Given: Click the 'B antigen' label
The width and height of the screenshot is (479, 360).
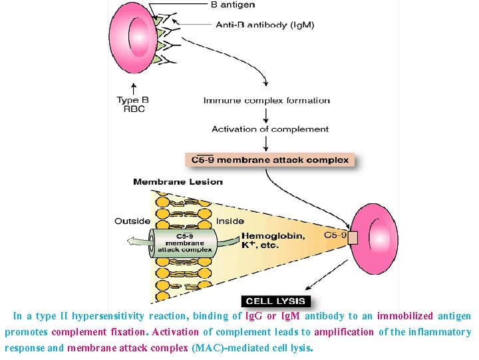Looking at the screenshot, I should click(x=233, y=5).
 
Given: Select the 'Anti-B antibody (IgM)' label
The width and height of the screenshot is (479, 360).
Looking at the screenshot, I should click(x=265, y=25).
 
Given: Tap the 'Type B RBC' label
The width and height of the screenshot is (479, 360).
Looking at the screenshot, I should click(x=133, y=105).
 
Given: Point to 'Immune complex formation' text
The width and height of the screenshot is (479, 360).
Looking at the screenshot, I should click(x=266, y=101).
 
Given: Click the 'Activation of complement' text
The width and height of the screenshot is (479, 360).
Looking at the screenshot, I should click(x=270, y=129).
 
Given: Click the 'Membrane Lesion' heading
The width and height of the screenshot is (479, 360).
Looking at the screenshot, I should click(x=178, y=181).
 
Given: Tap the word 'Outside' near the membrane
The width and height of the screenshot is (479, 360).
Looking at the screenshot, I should click(x=132, y=221).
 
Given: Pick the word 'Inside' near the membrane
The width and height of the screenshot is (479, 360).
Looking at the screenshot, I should click(x=230, y=221).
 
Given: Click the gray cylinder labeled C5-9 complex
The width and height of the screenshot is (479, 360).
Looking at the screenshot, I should click(x=184, y=243).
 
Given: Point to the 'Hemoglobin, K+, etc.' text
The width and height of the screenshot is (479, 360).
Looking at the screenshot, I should click(x=273, y=240).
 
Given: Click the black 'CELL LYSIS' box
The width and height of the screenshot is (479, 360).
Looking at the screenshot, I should click(x=273, y=301).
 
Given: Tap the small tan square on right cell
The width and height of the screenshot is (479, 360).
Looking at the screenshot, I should click(x=353, y=238).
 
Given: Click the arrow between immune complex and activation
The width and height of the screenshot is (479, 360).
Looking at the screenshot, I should click(x=267, y=115).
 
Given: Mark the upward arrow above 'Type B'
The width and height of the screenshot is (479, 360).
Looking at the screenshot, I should click(x=134, y=88).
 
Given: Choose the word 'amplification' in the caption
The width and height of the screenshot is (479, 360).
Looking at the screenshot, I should click(x=344, y=332).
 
